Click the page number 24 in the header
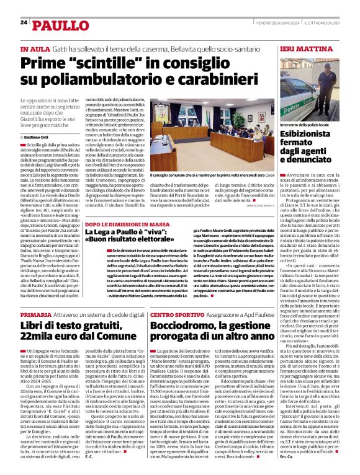pos(24,22)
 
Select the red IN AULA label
pos(34,49)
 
